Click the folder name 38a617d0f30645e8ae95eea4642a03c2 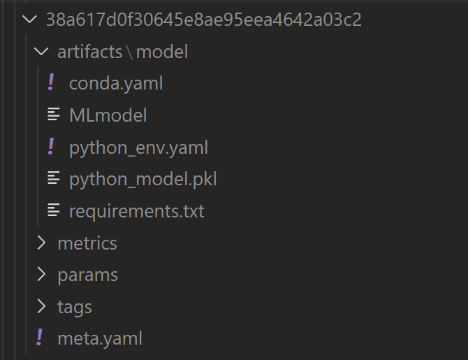204,20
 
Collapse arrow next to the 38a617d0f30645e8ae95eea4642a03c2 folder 29,20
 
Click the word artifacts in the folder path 90,52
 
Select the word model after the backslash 162,52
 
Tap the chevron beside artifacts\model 41,52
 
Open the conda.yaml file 116,83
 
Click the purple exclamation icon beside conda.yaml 51,82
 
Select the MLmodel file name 108,115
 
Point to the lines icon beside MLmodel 54,115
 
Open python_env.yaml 138,148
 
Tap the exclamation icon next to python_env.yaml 51,146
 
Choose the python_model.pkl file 143,179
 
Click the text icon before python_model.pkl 54,178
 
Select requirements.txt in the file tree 137,211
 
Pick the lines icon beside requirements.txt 54,210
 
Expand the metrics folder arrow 41,243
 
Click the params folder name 88,275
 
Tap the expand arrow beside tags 41,306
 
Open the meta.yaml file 100,339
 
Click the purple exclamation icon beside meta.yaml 39,338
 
